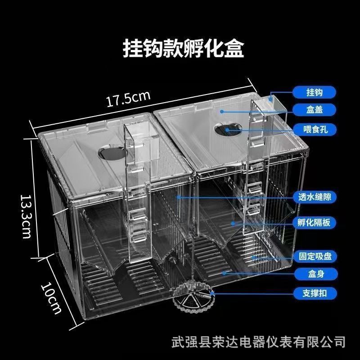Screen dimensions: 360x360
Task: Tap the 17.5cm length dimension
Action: coord(128,99)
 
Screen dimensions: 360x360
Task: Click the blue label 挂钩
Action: coord(315,92)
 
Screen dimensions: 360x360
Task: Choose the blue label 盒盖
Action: coord(315,109)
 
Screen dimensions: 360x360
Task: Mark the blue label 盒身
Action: coord(315,273)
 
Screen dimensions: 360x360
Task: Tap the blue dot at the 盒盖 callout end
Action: coord(222,110)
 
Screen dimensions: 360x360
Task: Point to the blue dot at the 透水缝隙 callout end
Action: coord(179,197)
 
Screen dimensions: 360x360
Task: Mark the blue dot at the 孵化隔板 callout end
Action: coord(233,222)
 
